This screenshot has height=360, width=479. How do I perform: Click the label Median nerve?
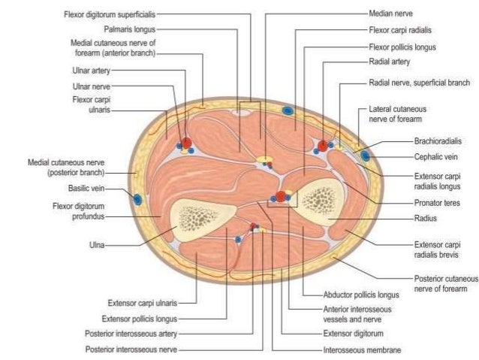click(391, 14)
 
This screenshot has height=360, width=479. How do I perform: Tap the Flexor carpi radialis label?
click(399, 30)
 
